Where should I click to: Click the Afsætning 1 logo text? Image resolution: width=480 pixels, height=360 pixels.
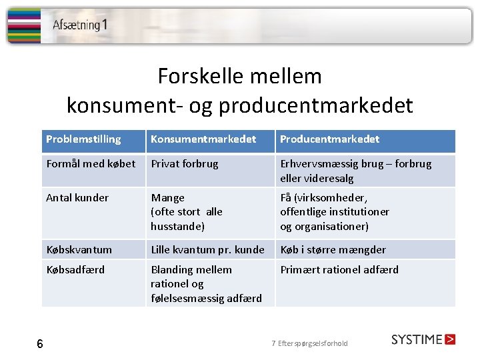tap(80, 25)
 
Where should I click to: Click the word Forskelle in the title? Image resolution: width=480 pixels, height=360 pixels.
tap(193, 77)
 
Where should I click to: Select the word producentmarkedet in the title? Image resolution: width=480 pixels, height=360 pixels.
tap(315, 105)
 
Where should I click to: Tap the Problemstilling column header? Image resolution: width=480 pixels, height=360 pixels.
tap(83, 139)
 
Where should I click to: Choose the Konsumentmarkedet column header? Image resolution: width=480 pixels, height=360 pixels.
tap(203, 139)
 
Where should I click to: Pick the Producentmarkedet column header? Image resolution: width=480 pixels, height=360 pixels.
tap(329, 139)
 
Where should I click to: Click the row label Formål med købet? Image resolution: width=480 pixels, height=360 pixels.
tap(91, 164)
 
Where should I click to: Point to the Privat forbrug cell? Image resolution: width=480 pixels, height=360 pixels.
tap(185, 164)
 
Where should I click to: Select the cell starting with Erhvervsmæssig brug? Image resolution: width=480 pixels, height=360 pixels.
tap(355, 171)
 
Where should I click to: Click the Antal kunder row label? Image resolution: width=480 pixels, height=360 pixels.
tap(77, 198)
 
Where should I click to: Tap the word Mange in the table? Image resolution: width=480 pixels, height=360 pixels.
tap(168, 198)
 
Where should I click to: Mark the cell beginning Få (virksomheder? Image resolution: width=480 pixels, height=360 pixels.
tap(335, 212)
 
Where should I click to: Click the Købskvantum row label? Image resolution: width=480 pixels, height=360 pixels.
tap(79, 250)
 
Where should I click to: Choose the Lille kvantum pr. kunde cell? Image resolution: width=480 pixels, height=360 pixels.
tap(207, 250)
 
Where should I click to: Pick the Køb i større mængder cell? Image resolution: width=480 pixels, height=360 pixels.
tap(333, 250)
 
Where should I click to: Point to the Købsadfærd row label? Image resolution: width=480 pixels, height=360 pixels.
tap(75, 270)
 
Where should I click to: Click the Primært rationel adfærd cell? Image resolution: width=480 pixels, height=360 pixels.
tap(339, 270)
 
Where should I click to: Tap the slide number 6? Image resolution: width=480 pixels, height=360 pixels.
tap(40, 344)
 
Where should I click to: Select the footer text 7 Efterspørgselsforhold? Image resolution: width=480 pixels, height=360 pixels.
tap(309, 344)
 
